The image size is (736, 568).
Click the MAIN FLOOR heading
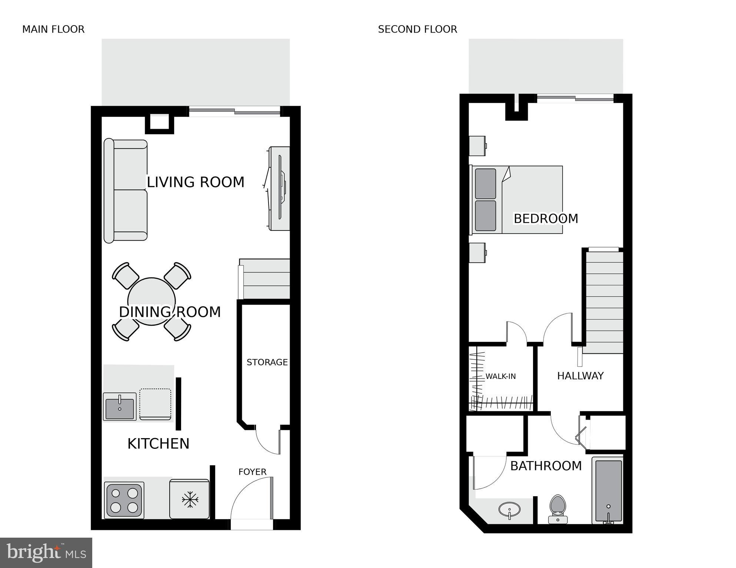click(53, 29)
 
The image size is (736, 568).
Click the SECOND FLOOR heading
click(417, 29)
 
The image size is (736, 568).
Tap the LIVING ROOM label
click(196, 182)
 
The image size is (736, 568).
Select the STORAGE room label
click(267, 362)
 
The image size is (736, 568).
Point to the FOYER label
click(252, 472)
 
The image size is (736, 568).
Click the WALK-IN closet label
click(500, 376)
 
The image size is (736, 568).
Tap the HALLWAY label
click(580, 376)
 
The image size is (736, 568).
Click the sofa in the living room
click(126, 191)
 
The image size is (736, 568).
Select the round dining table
click(151, 301)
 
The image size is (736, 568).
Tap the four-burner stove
click(124, 500)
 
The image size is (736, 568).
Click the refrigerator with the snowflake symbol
click(190, 499)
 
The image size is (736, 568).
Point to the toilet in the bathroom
click(558, 509)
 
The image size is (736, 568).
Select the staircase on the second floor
click(603, 302)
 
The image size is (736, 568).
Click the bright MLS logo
click(46, 552)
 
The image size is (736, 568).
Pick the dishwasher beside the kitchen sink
click(155, 404)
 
